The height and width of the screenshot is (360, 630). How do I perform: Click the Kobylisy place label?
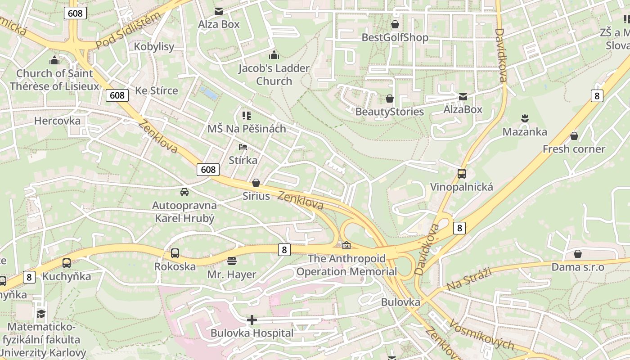pos(154,47)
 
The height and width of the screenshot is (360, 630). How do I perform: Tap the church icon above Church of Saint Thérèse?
pos(54,60)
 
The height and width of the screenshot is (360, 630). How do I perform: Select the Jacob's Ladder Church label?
pos(274,75)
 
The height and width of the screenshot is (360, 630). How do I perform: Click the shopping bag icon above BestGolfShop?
pos(395,24)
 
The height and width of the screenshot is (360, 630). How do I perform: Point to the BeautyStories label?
pos(390,112)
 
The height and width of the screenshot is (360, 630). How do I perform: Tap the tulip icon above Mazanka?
pos(524,119)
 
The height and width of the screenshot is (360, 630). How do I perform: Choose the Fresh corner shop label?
pos(574,149)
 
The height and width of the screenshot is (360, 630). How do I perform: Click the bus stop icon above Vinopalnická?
pos(461,174)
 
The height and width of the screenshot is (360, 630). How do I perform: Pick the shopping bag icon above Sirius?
pos(256,183)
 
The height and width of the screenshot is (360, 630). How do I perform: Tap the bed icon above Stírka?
pos(243,147)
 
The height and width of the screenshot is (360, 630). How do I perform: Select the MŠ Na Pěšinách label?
pos(247,129)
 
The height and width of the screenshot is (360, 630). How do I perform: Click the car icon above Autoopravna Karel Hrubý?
pos(184,192)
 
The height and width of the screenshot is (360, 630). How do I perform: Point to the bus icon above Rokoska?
pos(175,253)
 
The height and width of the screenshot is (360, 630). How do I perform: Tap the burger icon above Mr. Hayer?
pos(232,261)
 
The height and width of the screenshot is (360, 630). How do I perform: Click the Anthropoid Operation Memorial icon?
pos(346,246)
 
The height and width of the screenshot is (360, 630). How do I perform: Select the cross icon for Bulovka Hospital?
pos(252,320)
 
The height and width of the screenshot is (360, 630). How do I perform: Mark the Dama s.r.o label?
pos(578,267)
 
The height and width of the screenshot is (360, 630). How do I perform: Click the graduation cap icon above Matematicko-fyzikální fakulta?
pos(41,314)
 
